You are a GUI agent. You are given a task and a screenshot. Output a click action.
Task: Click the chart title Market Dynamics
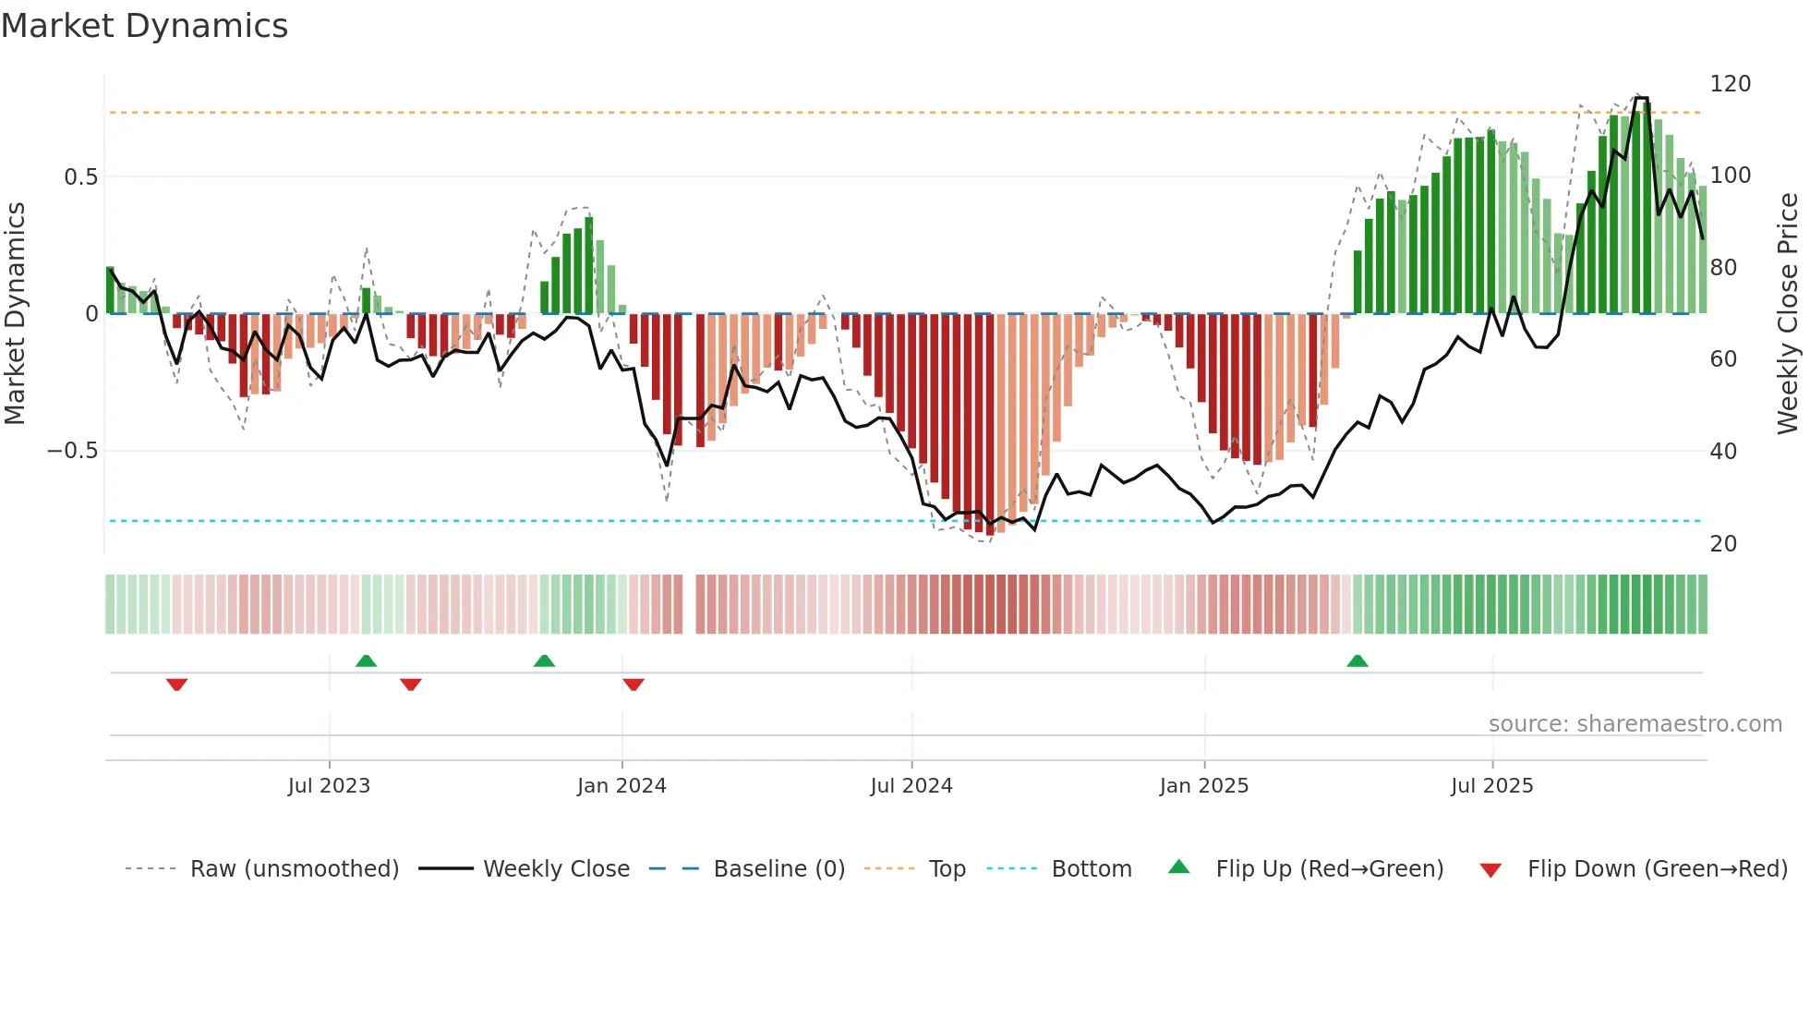145,26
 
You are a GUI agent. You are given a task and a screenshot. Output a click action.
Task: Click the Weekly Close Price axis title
1788,313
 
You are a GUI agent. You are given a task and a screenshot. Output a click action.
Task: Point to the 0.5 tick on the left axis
81,176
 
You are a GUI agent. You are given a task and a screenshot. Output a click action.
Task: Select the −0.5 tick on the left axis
73,451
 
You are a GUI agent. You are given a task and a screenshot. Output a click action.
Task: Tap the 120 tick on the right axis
1730,84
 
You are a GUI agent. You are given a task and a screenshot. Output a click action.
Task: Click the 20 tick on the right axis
1723,544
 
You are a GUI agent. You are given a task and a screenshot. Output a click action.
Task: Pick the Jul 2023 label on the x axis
329,786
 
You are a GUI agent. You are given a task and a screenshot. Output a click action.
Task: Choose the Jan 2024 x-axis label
621,786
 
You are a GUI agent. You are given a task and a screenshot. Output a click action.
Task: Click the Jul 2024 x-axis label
911,786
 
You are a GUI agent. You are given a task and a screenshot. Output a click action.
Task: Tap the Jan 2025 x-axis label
1204,786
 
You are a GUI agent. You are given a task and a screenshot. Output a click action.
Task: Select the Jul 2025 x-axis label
1492,786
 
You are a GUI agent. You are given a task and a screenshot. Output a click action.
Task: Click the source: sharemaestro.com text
1635,724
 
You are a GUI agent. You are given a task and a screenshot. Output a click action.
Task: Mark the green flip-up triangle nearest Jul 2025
1357,661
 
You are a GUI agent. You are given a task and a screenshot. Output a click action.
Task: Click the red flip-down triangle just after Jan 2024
633,685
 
